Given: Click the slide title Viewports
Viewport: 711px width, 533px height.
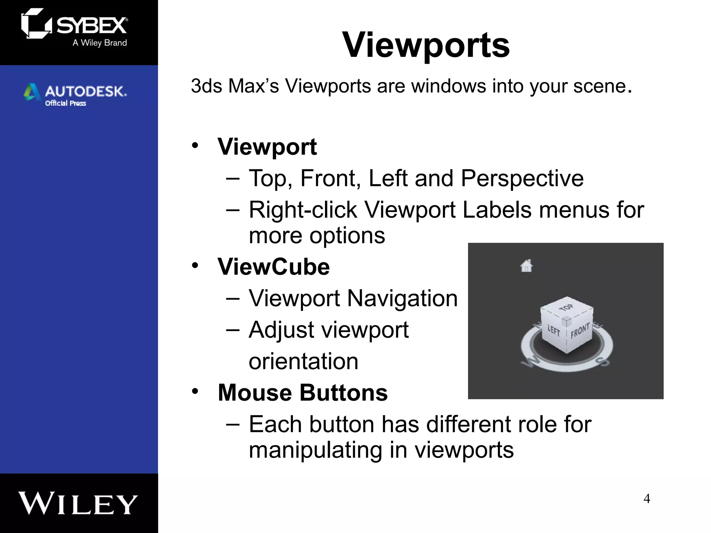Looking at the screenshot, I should point(426,45).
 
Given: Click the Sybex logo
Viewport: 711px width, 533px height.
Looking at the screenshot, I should point(74,27).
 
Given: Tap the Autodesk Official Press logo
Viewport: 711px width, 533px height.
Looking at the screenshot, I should point(75,94).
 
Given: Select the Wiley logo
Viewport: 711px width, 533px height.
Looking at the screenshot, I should point(78,504).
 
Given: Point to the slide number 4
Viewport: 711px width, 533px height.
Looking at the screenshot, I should point(647,499).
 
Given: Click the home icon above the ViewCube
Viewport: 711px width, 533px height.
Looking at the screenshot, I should point(526,266).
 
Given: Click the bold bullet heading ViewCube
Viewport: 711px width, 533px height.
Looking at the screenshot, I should point(274,267).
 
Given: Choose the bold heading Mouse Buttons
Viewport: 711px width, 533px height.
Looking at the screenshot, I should point(302,393).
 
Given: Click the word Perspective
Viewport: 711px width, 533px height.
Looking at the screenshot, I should point(522,178).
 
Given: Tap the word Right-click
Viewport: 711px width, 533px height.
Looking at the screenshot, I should point(303,210).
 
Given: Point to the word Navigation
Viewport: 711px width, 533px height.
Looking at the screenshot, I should point(402,298).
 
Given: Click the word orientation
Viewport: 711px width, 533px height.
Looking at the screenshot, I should point(303,361).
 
